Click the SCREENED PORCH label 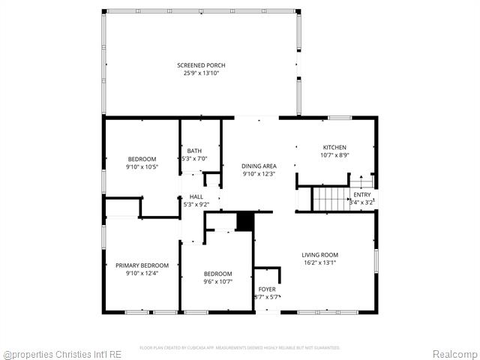(x=201, y=65)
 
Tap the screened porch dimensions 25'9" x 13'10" (x=201, y=73)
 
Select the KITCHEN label (x=334, y=147)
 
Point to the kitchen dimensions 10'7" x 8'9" (x=334, y=154)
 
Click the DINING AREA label (x=259, y=166)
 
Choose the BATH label (x=195, y=151)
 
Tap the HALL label (x=196, y=196)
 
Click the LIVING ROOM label (x=320, y=255)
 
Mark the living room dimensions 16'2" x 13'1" (x=320, y=262)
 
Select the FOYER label (x=267, y=289)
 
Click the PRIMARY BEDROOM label (x=142, y=265)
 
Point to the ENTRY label (x=362, y=195)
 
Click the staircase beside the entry (x=329, y=199)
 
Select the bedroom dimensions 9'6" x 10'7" (x=217, y=282)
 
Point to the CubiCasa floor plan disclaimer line (x=240, y=347)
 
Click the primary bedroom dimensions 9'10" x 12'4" (x=142, y=273)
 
